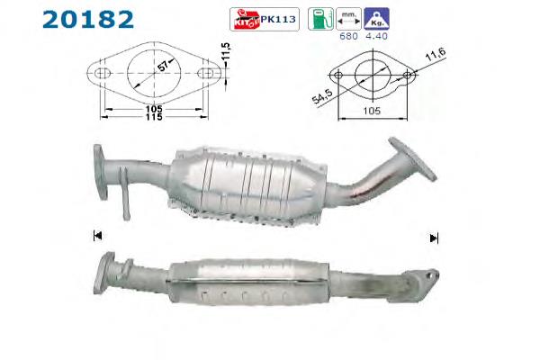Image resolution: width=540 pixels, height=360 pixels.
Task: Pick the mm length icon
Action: point(345,18)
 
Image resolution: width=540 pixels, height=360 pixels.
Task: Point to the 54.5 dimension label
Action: point(319,96)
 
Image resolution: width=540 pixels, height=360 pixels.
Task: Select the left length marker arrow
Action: point(96,236)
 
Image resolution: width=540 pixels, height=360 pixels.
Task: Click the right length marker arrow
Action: point(434,238)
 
